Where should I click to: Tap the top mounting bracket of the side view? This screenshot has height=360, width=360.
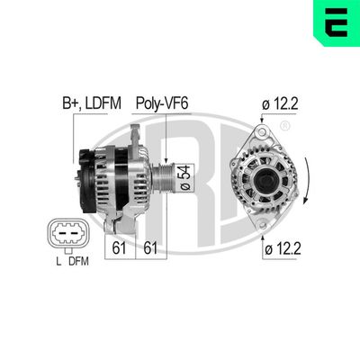click(134, 135)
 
